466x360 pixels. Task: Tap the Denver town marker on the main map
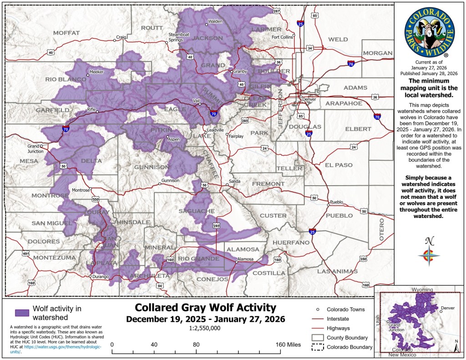(x=300, y=97)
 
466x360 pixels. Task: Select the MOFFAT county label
(x=66, y=33)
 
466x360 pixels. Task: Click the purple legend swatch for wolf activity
(x=22, y=313)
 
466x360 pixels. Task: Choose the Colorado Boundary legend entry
(x=349, y=347)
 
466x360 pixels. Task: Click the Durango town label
(x=101, y=277)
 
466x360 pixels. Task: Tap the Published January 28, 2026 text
(x=430, y=73)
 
